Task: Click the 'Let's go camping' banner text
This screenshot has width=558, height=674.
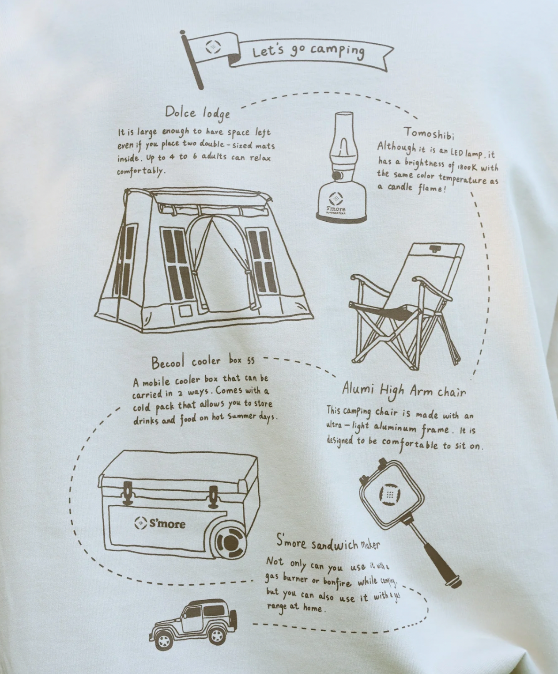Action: pyautogui.click(x=308, y=52)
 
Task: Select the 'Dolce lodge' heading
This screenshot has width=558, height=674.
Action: pyautogui.click(x=197, y=114)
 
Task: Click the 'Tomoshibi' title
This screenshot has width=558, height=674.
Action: pyautogui.click(x=429, y=133)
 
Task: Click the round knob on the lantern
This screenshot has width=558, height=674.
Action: pyautogui.click(x=338, y=175)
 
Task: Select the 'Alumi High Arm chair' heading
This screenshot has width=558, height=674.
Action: pyautogui.click(x=404, y=391)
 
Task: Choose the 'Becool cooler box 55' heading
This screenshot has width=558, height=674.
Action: pyautogui.click(x=203, y=362)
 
